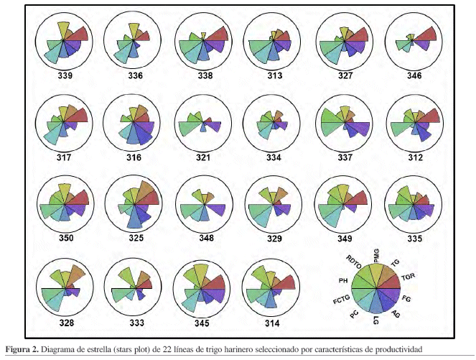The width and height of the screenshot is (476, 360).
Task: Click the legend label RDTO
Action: click(354, 260)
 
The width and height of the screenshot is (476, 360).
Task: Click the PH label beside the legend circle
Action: click(342, 280)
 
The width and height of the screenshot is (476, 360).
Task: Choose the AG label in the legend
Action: click(396, 315)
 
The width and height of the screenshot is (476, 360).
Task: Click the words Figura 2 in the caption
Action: click(23, 349)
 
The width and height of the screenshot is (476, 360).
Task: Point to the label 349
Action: click(342, 238)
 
